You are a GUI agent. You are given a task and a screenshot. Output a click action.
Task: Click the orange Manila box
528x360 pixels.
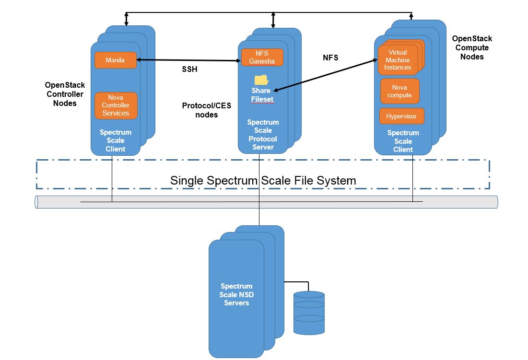point(116,60)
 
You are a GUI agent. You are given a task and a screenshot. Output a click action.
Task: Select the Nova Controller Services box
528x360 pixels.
point(116,105)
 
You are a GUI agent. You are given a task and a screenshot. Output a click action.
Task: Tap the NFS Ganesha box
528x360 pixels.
point(262,57)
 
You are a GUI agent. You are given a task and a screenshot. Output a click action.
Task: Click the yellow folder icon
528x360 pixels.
point(261,80)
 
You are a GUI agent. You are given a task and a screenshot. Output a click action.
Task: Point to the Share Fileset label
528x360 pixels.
point(261,95)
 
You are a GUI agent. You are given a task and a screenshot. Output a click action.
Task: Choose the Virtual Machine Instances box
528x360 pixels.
point(398,60)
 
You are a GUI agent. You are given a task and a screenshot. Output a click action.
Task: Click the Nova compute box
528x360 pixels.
point(399,91)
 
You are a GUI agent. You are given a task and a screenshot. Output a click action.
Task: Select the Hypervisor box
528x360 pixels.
point(401,116)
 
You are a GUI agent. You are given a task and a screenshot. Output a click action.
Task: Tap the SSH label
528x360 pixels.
point(189,69)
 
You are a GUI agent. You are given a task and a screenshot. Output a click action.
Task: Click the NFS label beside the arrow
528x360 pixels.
point(330,58)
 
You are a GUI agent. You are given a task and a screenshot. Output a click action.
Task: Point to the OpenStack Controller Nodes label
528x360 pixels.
point(65,94)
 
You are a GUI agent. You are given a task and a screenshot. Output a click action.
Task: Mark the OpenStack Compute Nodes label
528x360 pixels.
point(472,47)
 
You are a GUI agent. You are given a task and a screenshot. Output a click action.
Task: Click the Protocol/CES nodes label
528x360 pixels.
point(207,110)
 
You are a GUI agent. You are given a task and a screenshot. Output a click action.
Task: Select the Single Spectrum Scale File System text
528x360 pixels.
point(263,181)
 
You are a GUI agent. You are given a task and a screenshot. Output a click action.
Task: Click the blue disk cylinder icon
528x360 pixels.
point(309,313)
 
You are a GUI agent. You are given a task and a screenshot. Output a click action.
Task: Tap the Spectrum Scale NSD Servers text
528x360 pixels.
point(236,294)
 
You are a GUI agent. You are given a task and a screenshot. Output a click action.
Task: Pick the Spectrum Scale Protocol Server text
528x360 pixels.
point(263,135)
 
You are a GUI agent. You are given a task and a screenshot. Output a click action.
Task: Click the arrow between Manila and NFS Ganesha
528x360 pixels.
point(188,60)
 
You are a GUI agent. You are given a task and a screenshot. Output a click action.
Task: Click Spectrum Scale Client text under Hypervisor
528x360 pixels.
point(403,141)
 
